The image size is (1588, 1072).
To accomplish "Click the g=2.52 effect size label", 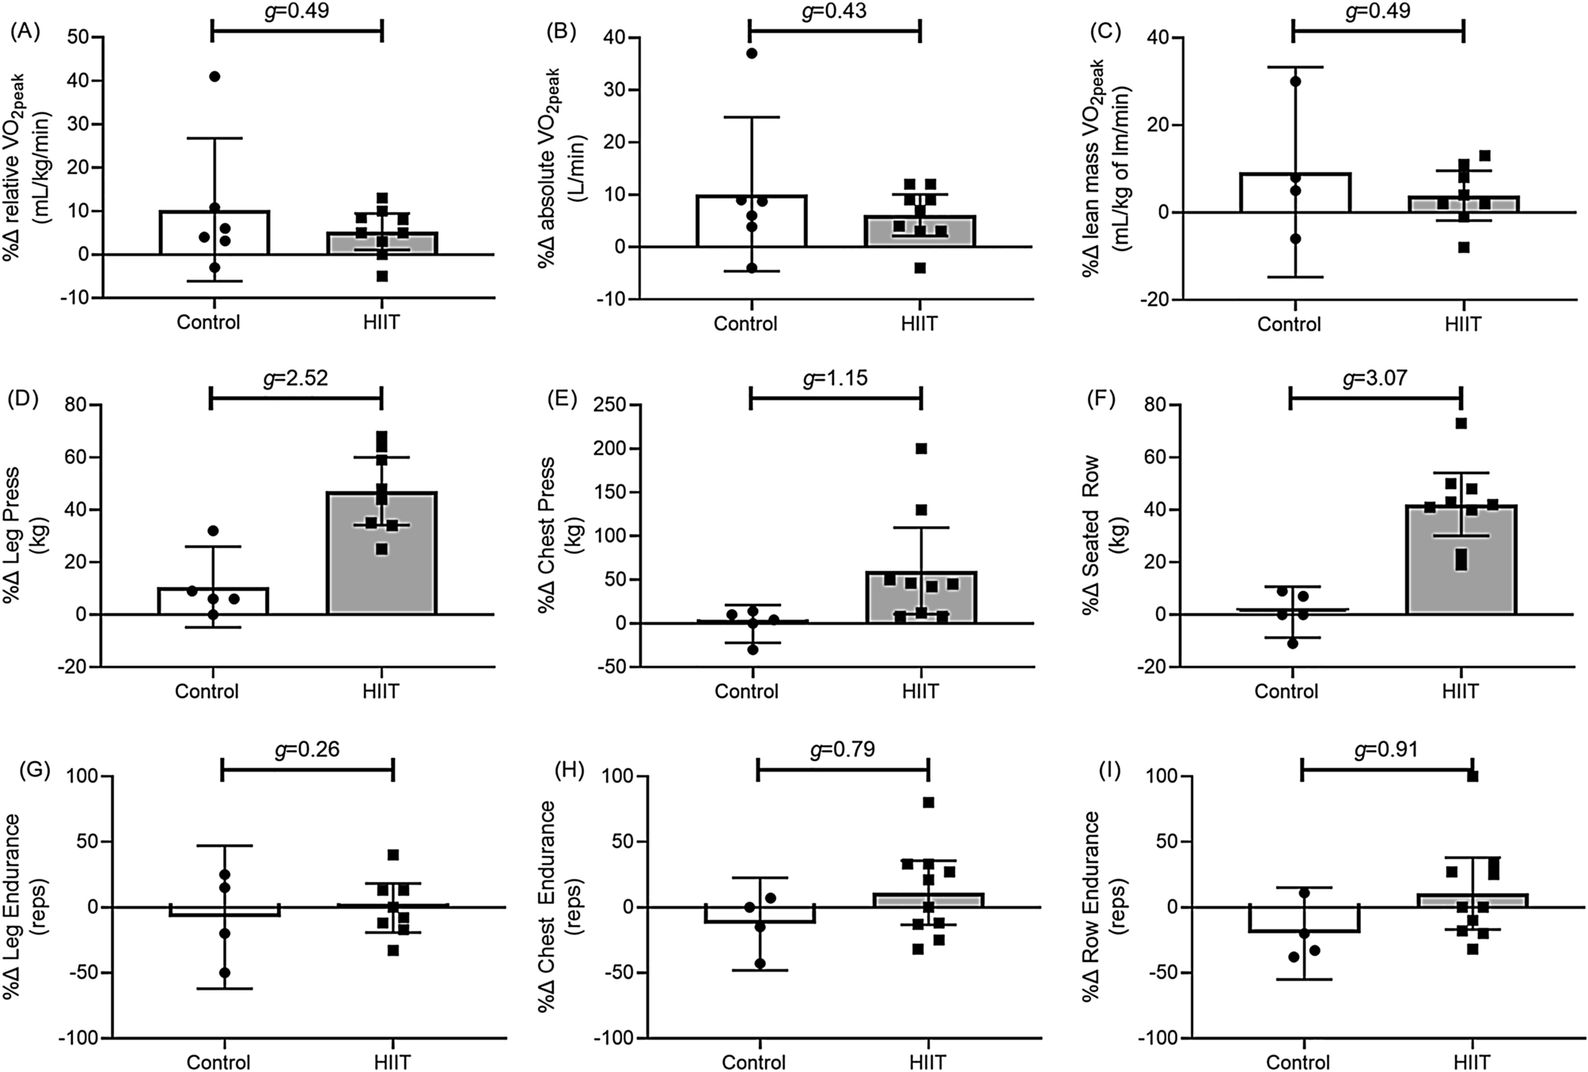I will tap(295, 377).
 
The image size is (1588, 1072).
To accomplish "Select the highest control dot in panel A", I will tap(214, 76).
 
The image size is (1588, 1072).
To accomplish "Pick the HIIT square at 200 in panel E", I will tap(921, 449).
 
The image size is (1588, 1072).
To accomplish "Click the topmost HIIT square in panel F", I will tap(1461, 423).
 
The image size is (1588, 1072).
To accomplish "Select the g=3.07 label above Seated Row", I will tap(1375, 377).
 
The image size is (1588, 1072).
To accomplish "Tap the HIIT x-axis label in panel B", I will tap(919, 324).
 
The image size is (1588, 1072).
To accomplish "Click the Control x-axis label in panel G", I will tap(219, 1061).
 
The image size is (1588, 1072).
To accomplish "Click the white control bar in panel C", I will tap(1295, 192).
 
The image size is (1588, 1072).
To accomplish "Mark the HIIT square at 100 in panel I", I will tap(1472, 776).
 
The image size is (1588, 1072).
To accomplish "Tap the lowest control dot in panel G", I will tap(224, 972).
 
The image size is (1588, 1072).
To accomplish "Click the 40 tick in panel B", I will tap(612, 37).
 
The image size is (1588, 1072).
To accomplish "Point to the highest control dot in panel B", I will tap(752, 53).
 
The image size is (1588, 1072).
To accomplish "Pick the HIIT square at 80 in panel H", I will tap(928, 802).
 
